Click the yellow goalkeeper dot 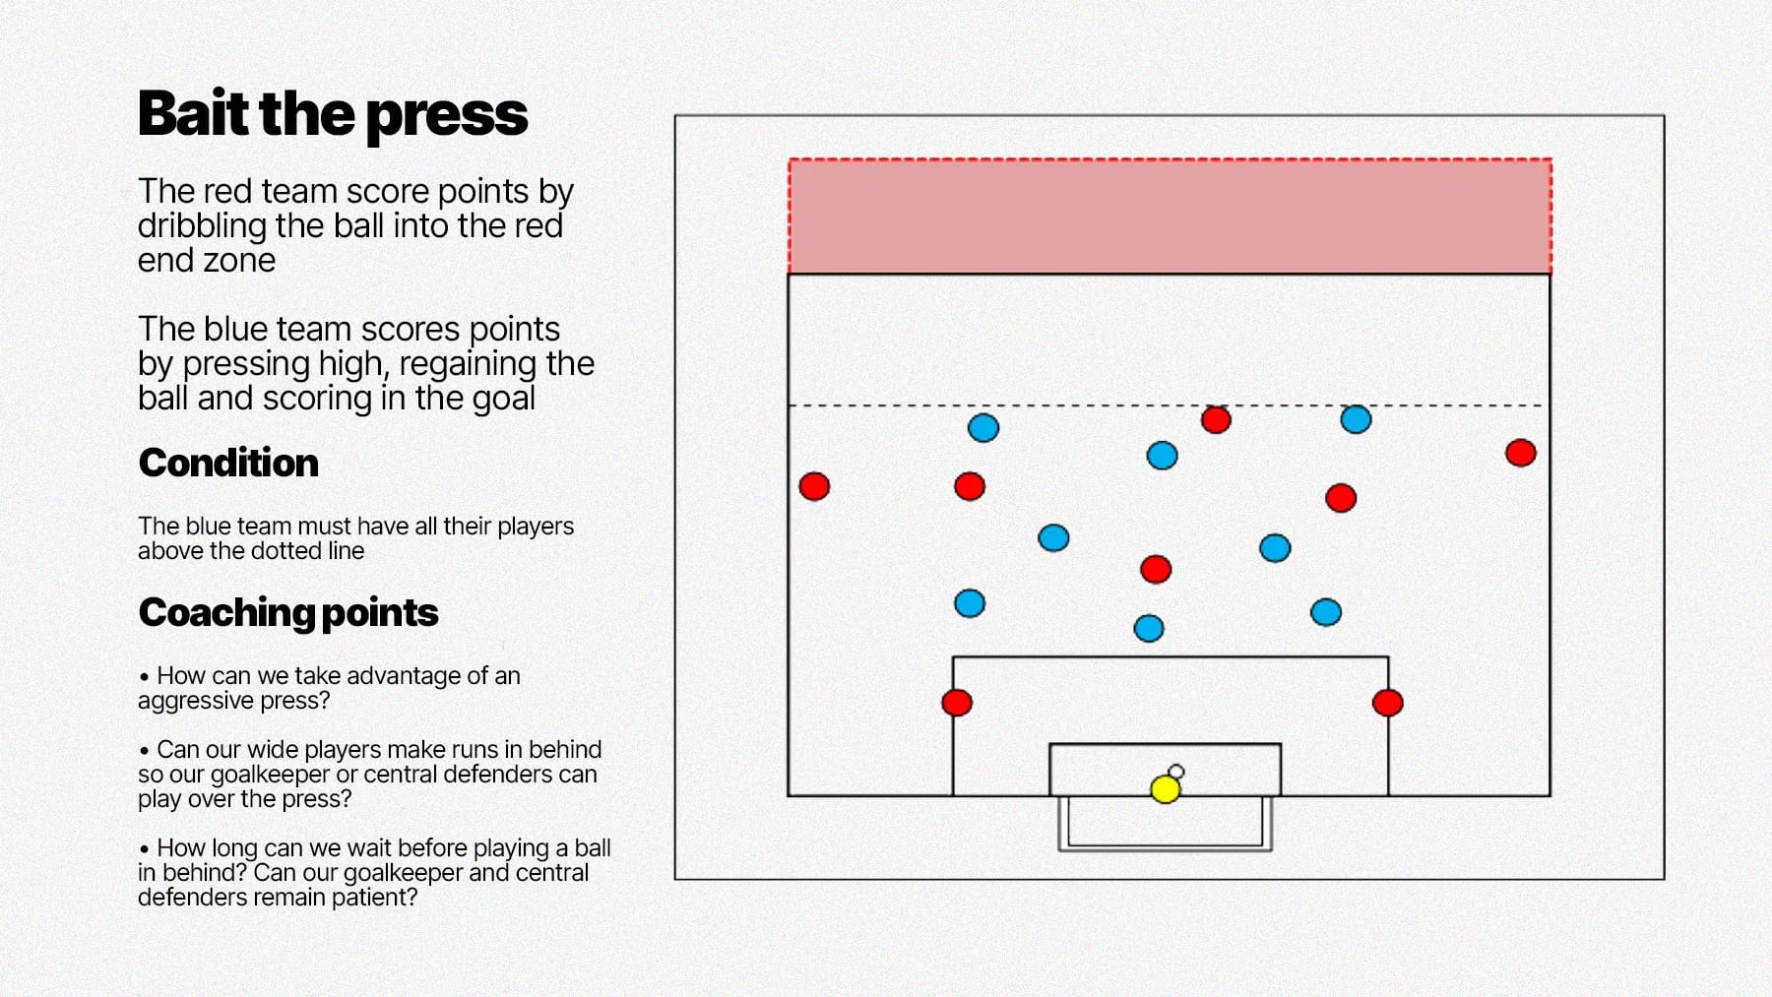click(x=1166, y=789)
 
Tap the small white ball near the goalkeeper click(x=1176, y=773)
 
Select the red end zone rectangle click(x=1170, y=217)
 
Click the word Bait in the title click(x=192, y=114)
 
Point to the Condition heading click(x=228, y=463)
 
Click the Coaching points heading click(x=288, y=612)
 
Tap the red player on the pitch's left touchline click(x=814, y=486)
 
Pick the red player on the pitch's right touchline click(x=1521, y=453)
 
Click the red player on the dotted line click(x=1216, y=420)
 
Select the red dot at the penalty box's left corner click(x=957, y=703)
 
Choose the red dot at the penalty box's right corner click(x=1387, y=703)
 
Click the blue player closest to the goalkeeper click(x=1149, y=628)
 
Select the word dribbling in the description click(x=202, y=226)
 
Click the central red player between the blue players click(x=1156, y=569)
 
